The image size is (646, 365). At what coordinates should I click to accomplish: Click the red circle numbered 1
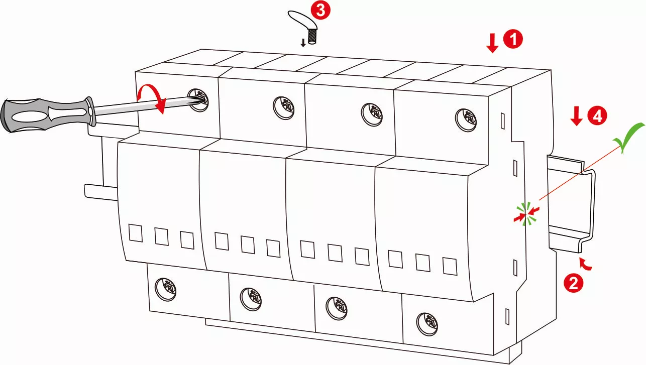513,39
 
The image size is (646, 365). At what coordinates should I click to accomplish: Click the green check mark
629,138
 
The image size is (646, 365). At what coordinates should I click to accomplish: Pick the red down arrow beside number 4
577,116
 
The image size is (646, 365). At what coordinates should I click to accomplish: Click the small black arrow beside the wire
303,42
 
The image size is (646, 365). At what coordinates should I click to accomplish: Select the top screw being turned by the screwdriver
198,98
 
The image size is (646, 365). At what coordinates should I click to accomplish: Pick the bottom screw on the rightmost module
426,321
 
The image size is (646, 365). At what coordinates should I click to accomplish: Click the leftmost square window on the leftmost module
136,233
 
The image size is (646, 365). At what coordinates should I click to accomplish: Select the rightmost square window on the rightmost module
449,266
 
